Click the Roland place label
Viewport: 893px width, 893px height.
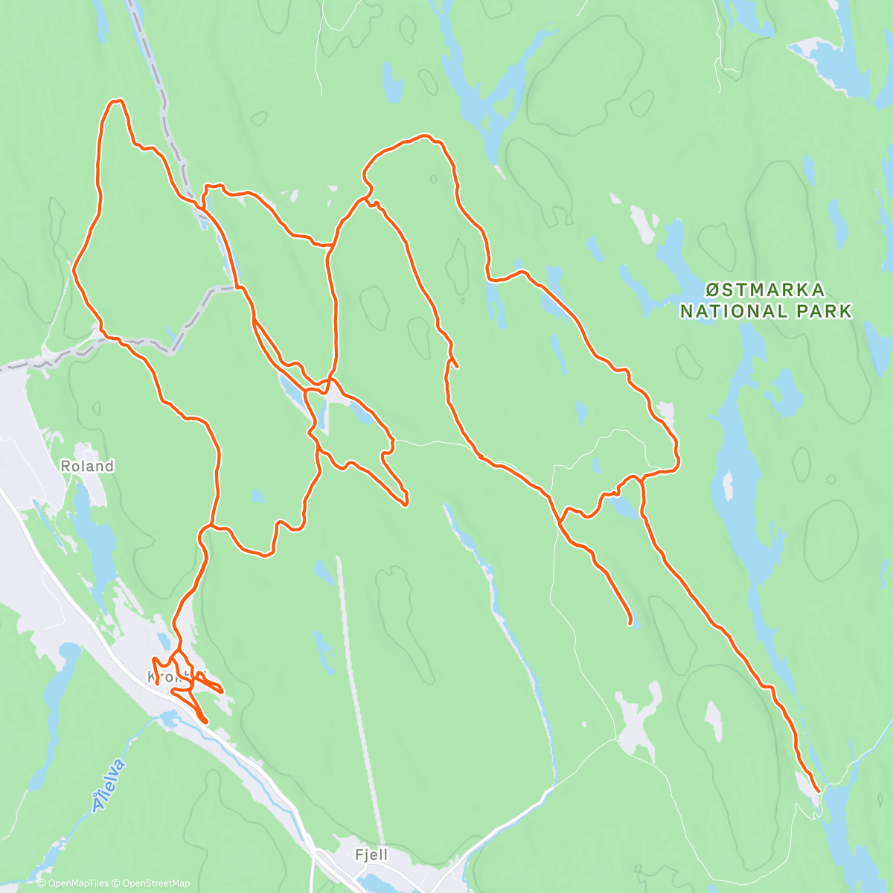click(x=87, y=467)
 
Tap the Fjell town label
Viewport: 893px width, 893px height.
click(x=371, y=855)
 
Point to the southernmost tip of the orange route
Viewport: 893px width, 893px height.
click(x=205, y=721)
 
